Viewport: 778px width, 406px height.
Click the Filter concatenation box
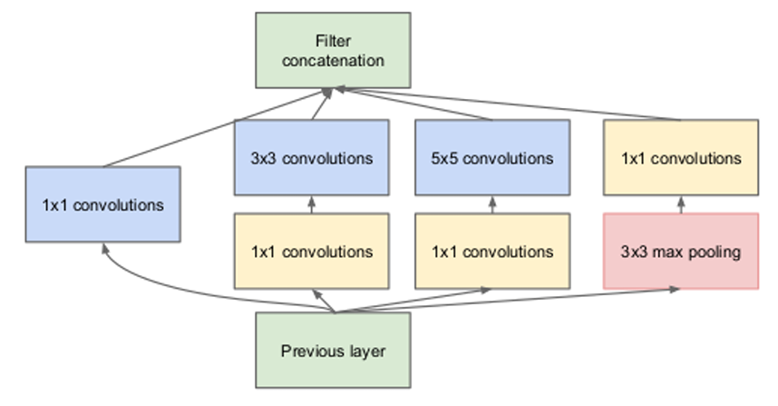click(x=333, y=50)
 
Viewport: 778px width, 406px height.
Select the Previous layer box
click(x=333, y=350)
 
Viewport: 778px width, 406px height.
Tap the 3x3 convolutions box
click(x=312, y=157)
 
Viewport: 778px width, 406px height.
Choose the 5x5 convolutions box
click(x=492, y=157)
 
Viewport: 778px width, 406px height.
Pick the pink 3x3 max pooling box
click(x=681, y=251)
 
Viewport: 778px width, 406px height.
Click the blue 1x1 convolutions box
click(x=102, y=204)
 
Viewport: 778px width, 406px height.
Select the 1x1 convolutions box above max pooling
click(x=681, y=157)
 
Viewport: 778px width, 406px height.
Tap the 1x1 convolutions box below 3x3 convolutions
click(x=312, y=251)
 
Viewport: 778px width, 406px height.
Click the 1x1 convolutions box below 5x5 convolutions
click(x=492, y=251)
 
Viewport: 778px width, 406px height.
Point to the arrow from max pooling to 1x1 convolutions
click(x=681, y=204)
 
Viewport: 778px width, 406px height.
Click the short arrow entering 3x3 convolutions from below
click(x=312, y=204)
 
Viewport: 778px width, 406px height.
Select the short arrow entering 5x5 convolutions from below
click(x=492, y=204)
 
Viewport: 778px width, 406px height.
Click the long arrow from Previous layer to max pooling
click(x=506, y=300)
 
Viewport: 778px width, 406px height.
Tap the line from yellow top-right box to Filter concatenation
click(x=509, y=104)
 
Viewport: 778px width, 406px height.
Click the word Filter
click(x=333, y=41)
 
